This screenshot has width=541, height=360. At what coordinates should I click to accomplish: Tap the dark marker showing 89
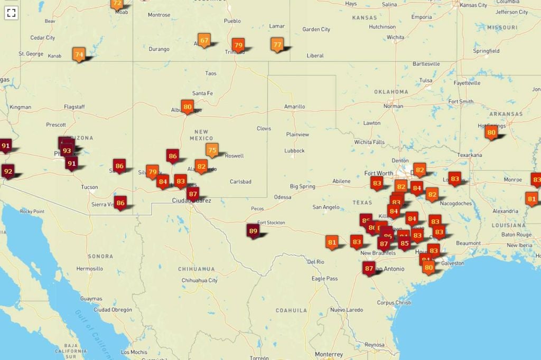coord(253,231)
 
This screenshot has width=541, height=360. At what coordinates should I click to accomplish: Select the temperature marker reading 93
coord(67,150)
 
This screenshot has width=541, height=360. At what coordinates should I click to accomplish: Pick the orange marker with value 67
coord(204,40)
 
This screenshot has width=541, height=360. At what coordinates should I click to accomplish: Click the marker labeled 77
coord(277,44)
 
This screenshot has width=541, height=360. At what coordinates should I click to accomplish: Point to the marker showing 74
coord(79,54)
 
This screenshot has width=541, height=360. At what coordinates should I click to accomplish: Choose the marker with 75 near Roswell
coord(212,150)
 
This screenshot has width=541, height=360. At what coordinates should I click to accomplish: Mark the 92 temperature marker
coord(7,171)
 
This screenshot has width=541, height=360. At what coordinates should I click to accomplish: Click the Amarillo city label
coord(294,107)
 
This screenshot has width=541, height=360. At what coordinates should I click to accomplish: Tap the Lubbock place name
coord(294,150)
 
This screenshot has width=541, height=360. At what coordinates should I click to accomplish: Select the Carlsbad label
coord(240,182)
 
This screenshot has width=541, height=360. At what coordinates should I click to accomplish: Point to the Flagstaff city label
coord(74,107)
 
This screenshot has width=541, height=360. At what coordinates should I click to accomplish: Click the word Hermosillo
coord(89,269)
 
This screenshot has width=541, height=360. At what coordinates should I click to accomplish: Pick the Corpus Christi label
coord(394,302)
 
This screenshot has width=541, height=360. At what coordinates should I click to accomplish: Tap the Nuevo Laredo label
coord(347,310)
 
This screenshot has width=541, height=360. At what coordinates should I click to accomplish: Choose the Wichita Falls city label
coord(369,142)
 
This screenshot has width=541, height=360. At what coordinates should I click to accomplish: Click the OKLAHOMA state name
coord(391,92)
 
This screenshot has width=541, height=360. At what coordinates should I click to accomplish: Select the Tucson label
coord(89,187)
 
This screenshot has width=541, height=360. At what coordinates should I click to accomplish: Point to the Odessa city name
coord(283,197)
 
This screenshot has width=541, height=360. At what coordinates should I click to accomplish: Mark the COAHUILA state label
coord(291,310)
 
